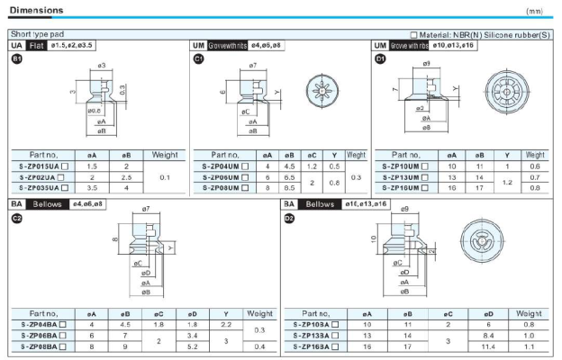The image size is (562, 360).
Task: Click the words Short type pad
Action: coord(36,33)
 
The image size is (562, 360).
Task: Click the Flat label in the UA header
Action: coord(37,45)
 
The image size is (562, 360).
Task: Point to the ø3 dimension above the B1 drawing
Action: coord(101,66)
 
